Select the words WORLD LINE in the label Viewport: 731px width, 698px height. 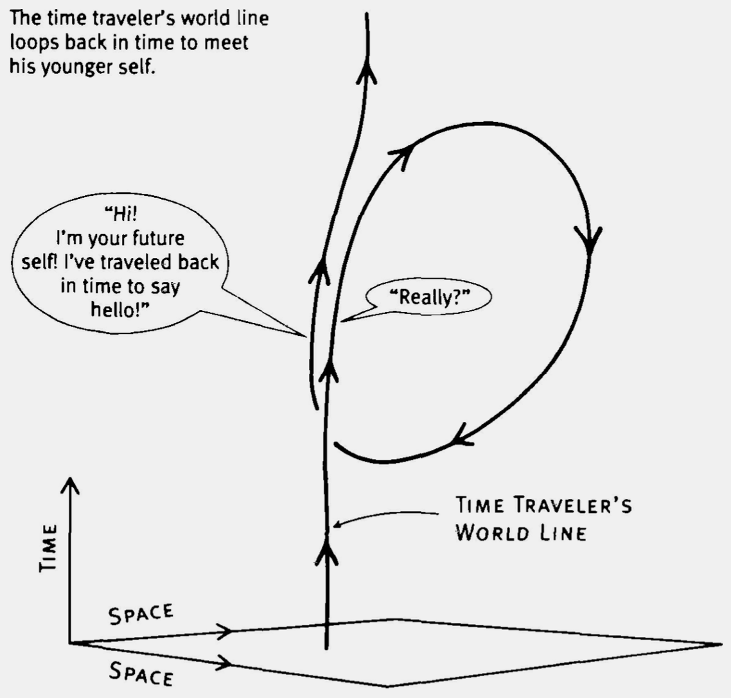coord(520,534)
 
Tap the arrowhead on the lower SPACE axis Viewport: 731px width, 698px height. coord(225,661)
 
